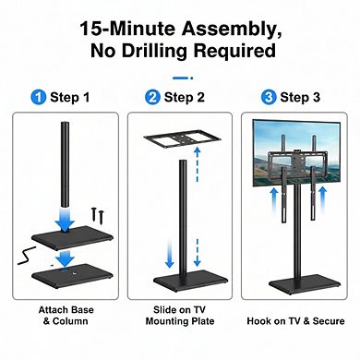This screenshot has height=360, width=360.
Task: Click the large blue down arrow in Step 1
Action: [x=64, y=213]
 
